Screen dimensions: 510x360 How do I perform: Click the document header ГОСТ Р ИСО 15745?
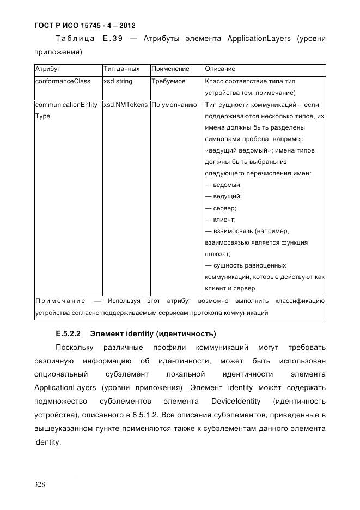point(84,25)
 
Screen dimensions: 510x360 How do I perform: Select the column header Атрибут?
point(47,69)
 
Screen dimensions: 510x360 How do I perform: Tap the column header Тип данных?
point(121,69)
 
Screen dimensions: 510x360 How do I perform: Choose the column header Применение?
point(170,69)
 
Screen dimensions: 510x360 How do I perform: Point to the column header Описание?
point(220,69)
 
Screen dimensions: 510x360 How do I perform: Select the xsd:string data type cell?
point(118,81)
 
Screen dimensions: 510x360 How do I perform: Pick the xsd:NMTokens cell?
point(125,105)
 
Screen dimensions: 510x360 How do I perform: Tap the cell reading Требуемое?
point(168,81)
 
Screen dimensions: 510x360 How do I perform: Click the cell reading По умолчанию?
point(174,105)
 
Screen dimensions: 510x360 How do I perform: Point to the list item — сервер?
point(221,208)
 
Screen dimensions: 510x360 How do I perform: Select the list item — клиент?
point(221,220)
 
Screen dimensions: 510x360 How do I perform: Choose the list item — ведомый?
point(223,185)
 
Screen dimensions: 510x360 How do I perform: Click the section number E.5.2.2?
point(68,333)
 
